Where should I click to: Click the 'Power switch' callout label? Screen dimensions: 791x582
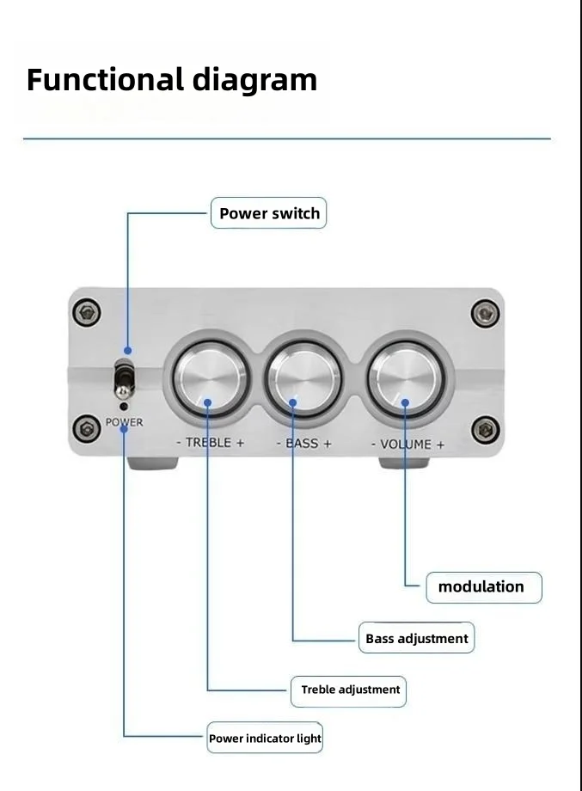269,213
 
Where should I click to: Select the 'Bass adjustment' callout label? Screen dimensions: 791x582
417,638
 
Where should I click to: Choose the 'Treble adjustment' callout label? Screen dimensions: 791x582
349,690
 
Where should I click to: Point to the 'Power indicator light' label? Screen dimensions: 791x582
265,738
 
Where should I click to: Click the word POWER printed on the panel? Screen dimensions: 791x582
125,422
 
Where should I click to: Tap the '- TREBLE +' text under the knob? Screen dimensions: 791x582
210,444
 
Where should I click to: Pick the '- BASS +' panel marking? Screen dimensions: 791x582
303,445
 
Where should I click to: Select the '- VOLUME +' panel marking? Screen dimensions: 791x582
407,445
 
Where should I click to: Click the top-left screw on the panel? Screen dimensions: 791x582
86,313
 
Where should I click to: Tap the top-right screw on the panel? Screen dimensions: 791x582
486,313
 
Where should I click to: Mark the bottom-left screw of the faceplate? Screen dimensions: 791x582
86,427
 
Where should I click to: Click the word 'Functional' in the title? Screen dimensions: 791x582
104,80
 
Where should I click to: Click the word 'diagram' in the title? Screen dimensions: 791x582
254,80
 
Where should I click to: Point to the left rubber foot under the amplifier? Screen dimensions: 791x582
154,463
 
